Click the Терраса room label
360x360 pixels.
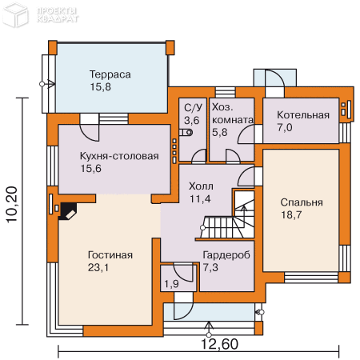pos(110,74)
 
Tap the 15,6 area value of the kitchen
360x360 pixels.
pos(91,169)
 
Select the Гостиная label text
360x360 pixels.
pos(110,255)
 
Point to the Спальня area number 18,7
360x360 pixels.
pos(291,214)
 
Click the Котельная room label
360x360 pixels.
pos(303,115)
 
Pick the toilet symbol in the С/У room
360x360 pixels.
pos(186,132)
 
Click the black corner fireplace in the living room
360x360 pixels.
pos(67,211)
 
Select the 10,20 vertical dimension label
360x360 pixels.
pos(12,205)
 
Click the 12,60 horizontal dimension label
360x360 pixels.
pos(219,344)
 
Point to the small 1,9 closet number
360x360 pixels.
pos(171,284)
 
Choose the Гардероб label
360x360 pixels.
pos(226,255)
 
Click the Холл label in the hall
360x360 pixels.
pos(201,186)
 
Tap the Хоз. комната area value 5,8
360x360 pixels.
pos(220,132)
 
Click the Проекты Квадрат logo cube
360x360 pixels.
pos(15,14)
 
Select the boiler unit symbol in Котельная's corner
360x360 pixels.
pos(346,110)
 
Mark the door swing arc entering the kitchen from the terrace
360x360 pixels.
pos(90,133)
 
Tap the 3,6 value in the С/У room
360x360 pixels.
pos(192,120)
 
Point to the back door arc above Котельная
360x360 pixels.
pos(274,78)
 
